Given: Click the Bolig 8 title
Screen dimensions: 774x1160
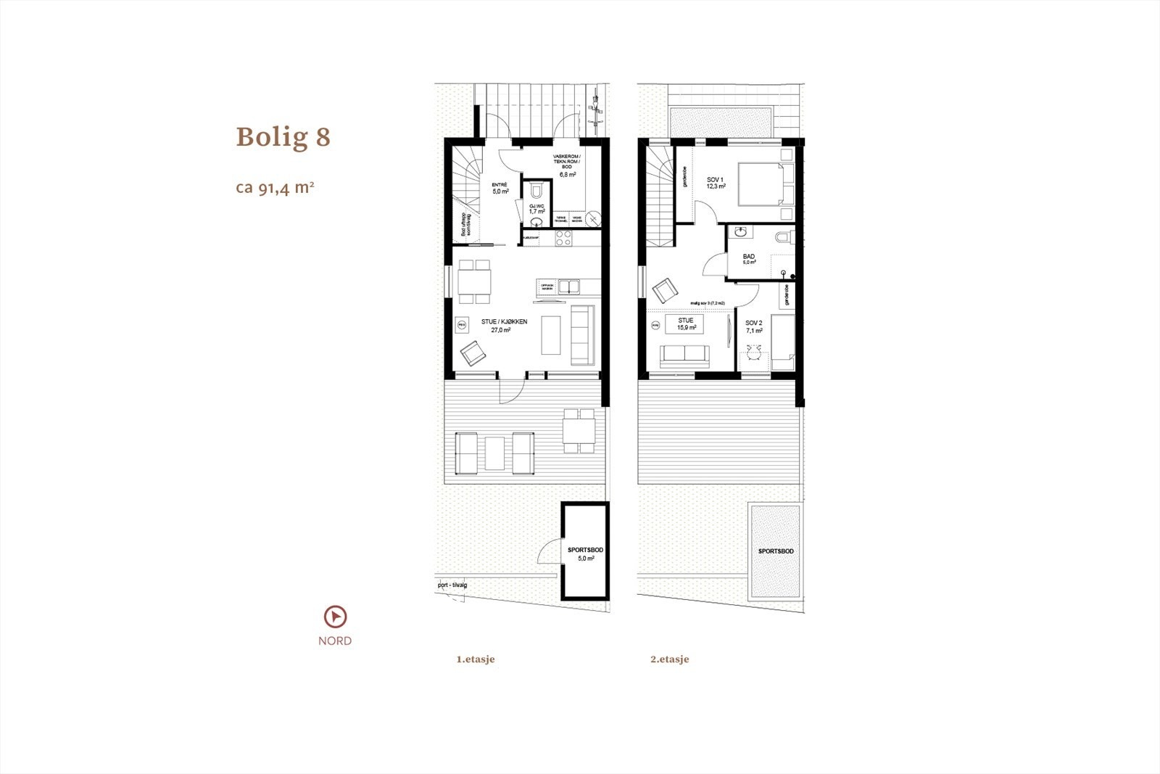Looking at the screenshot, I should [283, 137].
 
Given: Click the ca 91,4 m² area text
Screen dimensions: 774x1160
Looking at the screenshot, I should [275, 188].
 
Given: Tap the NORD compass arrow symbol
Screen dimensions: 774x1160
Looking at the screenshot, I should [335, 617].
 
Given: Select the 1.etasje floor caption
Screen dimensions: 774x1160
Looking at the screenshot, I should [476, 660].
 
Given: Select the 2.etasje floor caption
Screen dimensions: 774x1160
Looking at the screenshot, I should [670, 660].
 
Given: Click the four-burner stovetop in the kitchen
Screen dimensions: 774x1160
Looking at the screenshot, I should [564, 237].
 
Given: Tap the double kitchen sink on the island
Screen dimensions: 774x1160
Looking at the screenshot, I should [569, 287].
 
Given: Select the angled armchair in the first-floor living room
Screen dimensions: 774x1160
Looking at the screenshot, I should [473, 353].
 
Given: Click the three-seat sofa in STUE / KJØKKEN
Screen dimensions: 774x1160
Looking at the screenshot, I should [583, 334].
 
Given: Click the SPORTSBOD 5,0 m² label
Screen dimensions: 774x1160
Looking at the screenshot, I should [584, 554].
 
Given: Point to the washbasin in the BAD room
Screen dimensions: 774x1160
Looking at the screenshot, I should [741, 232].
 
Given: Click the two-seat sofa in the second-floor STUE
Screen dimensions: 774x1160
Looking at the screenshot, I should [684, 357].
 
